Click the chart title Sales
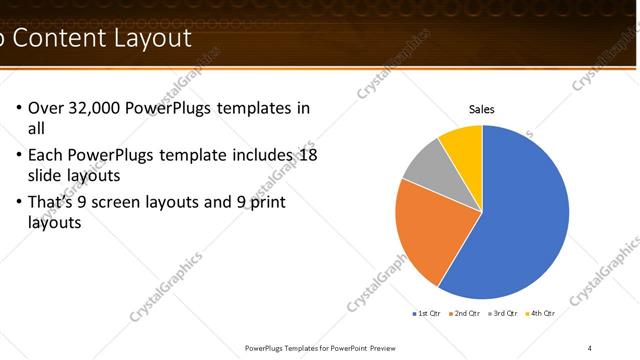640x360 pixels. tap(482, 110)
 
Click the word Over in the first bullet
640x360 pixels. tap(46, 108)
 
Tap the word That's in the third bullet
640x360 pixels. tap(50, 202)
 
